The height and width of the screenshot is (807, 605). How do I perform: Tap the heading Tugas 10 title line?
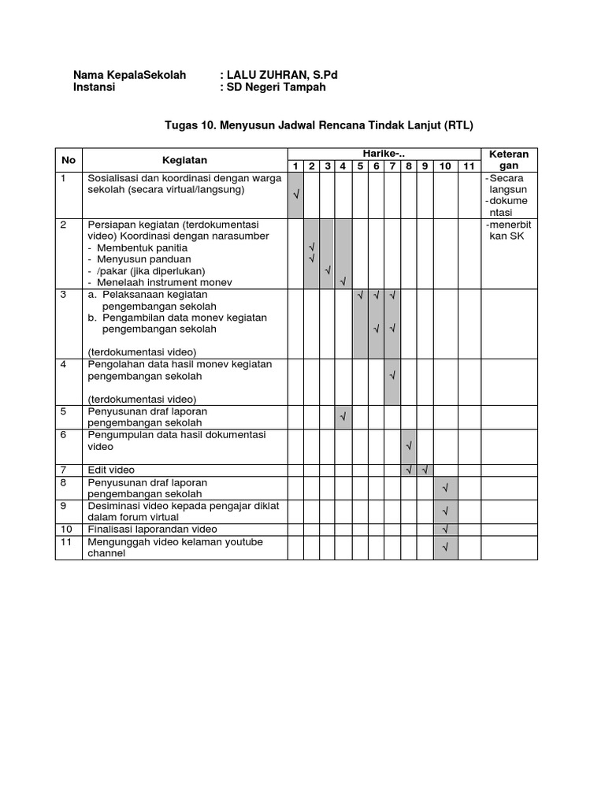[319, 125]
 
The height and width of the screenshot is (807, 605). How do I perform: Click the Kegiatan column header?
[185, 160]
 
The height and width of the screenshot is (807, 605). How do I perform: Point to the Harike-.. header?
[383, 153]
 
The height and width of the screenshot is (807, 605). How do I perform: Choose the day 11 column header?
[469, 166]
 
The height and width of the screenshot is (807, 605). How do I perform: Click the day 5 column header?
[360, 166]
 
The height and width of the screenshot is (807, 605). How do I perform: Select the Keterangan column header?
[510, 160]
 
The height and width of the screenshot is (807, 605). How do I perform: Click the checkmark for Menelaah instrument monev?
[343, 281]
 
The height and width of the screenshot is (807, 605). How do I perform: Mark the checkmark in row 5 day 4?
[343, 415]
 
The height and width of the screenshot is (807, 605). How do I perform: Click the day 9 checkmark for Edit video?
[425, 470]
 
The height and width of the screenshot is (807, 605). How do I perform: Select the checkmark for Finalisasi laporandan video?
[445, 529]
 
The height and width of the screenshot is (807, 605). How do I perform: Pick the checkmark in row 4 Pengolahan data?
[392, 377]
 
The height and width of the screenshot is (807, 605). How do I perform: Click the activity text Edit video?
[111, 470]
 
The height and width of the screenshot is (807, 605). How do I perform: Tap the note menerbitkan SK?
[510, 230]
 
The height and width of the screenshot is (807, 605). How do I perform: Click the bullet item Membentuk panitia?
[138, 247]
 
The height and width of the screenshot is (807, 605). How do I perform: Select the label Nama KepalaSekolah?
[129, 75]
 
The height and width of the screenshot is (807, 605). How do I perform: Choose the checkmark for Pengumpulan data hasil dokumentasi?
[409, 447]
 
